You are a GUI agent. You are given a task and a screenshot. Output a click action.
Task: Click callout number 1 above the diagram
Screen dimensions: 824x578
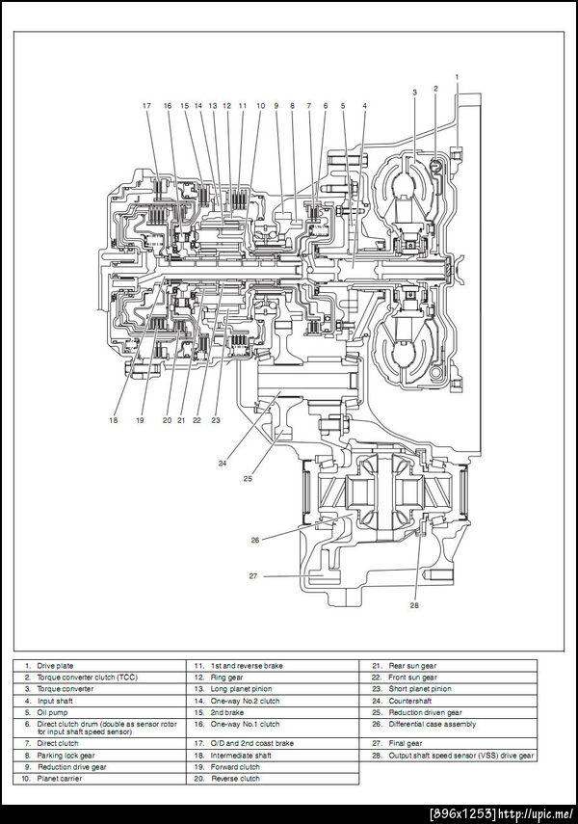(457, 75)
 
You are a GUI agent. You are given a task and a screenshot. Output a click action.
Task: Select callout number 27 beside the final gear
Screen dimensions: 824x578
(253, 576)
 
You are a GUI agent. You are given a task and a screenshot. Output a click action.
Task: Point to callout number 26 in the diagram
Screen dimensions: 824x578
(255, 540)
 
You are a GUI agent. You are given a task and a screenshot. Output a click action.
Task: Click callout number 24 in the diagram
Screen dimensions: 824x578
(223, 463)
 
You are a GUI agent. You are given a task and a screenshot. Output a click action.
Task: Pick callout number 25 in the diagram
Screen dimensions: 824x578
(248, 477)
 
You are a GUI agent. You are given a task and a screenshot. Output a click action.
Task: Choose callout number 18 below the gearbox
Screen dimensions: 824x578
(114, 419)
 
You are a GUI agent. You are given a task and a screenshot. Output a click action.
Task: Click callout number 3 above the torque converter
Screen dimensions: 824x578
(414, 92)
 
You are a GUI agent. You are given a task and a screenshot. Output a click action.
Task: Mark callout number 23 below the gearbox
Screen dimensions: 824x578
(216, 419)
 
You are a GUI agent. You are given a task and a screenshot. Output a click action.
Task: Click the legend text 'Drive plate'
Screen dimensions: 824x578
(55, 665)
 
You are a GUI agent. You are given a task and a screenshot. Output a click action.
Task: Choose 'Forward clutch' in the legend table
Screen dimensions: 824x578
(236, 767)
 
